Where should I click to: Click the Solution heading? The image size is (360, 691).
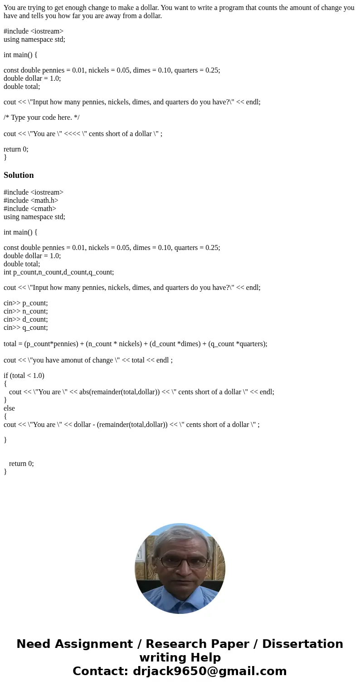(19, 175)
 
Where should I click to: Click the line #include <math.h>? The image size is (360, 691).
(31, 200)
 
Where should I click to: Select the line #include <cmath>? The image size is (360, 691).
(30, 208)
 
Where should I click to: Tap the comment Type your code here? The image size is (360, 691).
(41, 118)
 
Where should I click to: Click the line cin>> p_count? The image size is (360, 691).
(25, 303)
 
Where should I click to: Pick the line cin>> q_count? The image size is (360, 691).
(25, 327)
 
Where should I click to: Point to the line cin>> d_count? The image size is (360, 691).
(25, 319)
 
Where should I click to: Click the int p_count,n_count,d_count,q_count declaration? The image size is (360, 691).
(58, 272)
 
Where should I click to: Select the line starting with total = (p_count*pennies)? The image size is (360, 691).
(135, 343)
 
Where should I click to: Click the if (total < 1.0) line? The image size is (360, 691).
(24, 375)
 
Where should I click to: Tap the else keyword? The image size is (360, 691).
(9, 408)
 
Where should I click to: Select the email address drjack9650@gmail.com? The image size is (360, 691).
(209, 671)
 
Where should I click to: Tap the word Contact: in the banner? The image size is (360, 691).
(100, 671)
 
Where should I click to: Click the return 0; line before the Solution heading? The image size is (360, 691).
(16, 149)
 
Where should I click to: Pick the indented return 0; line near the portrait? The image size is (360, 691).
(21, 463)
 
